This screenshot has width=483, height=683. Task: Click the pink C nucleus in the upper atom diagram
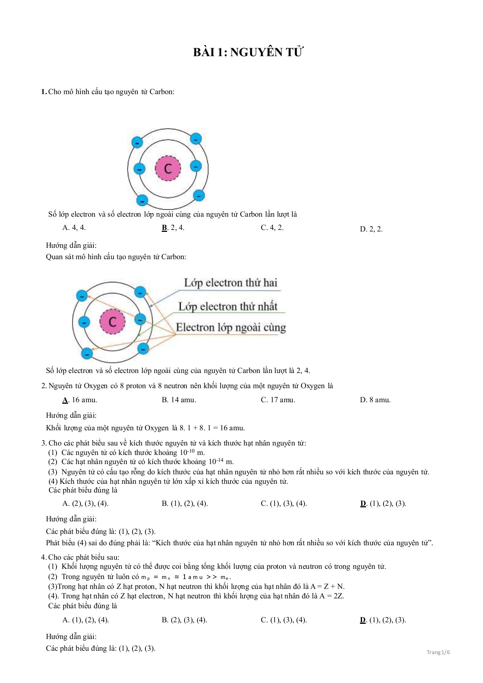point(168,168)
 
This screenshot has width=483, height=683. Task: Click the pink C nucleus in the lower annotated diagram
point(112,321)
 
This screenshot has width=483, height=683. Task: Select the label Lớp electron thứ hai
point(230,283)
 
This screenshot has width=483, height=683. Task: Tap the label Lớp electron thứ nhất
point(228,307)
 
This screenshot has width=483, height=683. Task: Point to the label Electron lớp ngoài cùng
point(230,327)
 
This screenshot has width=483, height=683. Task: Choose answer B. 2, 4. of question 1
point(173,228)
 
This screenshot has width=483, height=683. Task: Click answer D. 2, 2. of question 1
point(371,229)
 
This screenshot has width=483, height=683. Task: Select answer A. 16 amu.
point(80,400)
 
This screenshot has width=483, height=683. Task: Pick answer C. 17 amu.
point(278,400)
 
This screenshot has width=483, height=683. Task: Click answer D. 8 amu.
point(375,400)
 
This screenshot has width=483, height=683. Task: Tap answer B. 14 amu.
point(178,400)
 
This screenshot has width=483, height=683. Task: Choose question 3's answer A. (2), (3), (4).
point(85,504)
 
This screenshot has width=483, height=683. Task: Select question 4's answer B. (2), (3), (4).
point(184,620)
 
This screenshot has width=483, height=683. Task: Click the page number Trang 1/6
point(438,652)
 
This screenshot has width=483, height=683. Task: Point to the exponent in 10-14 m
point(220,460)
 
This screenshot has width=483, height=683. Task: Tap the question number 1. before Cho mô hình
point(44,92)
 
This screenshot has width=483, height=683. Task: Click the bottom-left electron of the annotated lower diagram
point(87,354)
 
